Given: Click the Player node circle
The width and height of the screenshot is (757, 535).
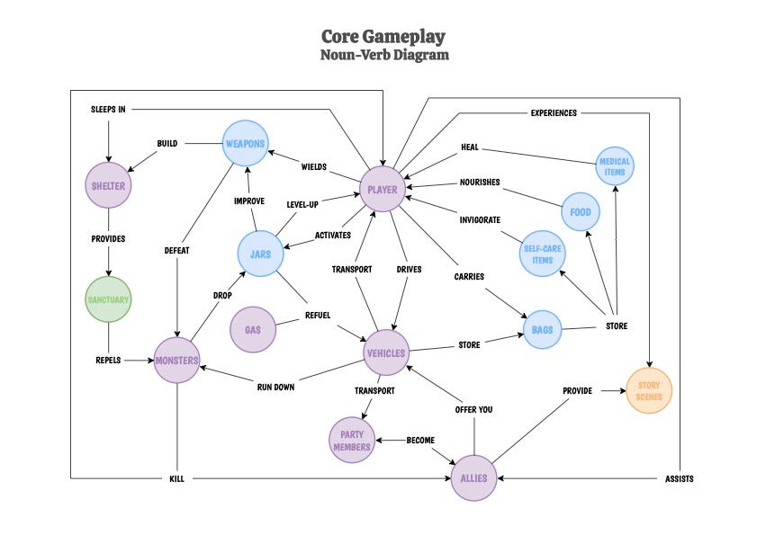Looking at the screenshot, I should (383, 190).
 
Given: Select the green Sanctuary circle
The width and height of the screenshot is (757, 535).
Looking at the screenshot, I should (108, 299).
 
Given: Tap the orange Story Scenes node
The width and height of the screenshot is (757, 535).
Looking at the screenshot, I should (649, 391).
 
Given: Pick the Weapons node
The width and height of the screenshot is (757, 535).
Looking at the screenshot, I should (246, 144).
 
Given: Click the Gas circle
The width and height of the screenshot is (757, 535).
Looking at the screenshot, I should (253, 330).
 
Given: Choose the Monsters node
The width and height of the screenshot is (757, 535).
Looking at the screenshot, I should (176, 360).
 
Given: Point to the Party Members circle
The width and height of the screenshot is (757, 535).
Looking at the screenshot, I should (351, 441).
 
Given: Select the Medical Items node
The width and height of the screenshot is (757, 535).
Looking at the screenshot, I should (615, 166).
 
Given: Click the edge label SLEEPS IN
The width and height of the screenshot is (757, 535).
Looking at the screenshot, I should (108, 110).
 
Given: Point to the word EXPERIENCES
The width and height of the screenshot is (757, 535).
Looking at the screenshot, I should (554, 113).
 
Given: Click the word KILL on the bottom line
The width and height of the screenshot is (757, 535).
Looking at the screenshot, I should (176, 479).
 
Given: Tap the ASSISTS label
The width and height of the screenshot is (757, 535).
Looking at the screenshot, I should (679, 479).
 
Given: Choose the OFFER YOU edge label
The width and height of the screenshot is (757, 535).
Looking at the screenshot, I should (473, 410).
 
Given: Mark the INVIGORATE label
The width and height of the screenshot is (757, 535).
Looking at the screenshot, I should (480, 219).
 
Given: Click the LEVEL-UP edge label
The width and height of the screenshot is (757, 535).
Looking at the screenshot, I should (302, 204).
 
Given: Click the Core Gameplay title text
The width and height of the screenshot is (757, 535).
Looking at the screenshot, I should (383, 37).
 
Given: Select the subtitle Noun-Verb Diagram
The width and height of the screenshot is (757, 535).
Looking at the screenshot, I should (383, 55).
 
